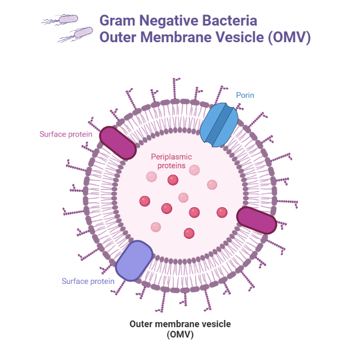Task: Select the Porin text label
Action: click(x=245, y=96)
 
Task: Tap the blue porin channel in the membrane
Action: click(x=219, y=126)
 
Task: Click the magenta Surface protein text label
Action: click(x=65, y=134)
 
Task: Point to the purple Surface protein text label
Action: click(x=88, y=281)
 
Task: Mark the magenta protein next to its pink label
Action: click(x=118, y=143)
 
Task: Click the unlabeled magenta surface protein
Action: click(x=256, y=221)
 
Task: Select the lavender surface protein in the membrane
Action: click(x=133, y=261)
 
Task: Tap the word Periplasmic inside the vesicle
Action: click(x=172, y=157)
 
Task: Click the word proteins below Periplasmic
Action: click(x=172, y=166)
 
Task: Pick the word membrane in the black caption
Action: click(x=180, y=324)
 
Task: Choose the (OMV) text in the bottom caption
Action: click(x=180, y=334)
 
